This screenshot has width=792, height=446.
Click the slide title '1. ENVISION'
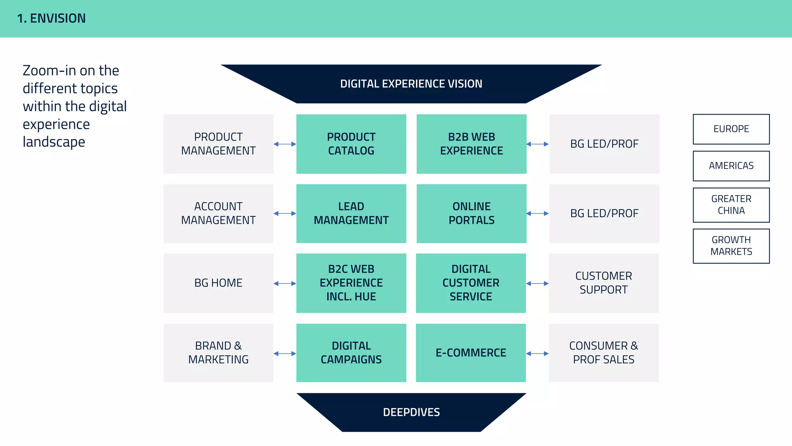point(51,18)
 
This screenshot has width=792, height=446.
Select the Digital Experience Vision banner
point(411,84)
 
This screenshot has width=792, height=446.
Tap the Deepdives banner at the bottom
point(411,412)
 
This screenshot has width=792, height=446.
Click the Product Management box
point(218,144)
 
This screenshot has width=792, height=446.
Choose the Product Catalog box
point(351,144)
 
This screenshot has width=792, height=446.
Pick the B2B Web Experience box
point(471,144)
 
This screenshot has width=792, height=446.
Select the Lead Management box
point(351,213)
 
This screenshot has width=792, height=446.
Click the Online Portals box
point(471,213)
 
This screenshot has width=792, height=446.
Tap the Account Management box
point(218,213)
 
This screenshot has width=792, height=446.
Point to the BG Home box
point(218,283)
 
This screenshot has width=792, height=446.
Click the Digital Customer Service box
point(471,283)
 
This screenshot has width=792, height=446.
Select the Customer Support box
point(603,283)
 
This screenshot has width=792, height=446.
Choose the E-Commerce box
point(471,353)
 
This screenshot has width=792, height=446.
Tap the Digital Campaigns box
point(351,353)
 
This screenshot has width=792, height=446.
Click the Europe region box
point(731,129)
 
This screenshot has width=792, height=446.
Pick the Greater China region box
point(731,205)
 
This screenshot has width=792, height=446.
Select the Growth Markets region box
point(731,246)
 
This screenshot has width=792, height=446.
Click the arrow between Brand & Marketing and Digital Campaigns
point(285,353)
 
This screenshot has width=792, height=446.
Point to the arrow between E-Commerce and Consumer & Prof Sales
point(537,353)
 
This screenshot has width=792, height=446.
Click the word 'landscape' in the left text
point(54,142)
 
